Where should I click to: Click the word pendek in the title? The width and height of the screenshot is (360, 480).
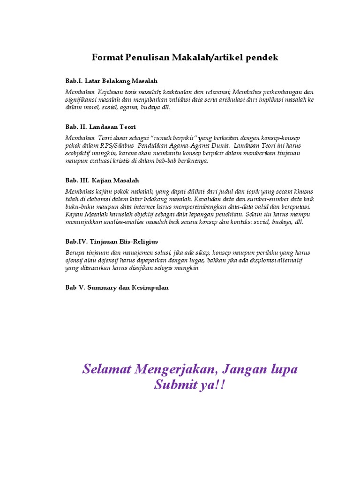coord(261,58)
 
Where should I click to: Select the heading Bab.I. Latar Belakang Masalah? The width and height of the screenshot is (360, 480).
coord(112,81)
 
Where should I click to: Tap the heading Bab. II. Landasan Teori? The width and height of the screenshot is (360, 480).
coord(100,127)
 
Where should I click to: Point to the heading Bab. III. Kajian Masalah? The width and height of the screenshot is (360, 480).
coord(102,180)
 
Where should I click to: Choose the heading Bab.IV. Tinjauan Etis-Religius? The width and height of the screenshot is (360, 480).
coord(112,241)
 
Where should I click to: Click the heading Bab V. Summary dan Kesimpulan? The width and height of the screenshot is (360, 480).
coord(117,287)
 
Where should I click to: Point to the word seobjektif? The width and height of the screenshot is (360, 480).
coord(80,153)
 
